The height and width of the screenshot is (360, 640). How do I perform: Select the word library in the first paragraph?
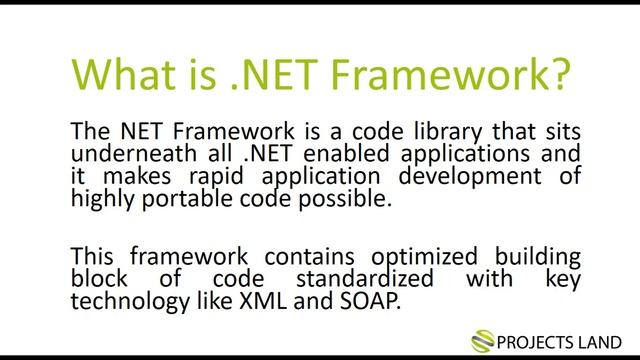click(x=411, y=133)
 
